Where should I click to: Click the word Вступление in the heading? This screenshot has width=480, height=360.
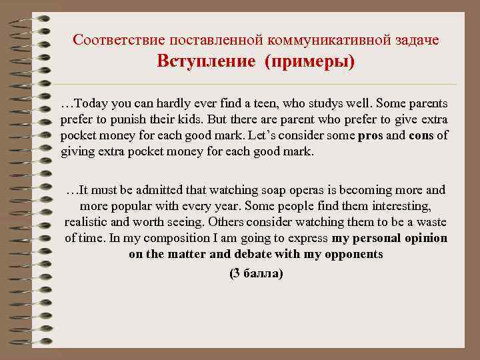pos(206,62)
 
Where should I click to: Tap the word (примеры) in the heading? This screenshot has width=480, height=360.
pos(309,62)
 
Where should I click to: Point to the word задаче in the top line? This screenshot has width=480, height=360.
pos(417,40)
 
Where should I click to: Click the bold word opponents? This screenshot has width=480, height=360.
pos(352,254)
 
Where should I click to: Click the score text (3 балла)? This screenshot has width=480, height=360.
pos(256,273)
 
